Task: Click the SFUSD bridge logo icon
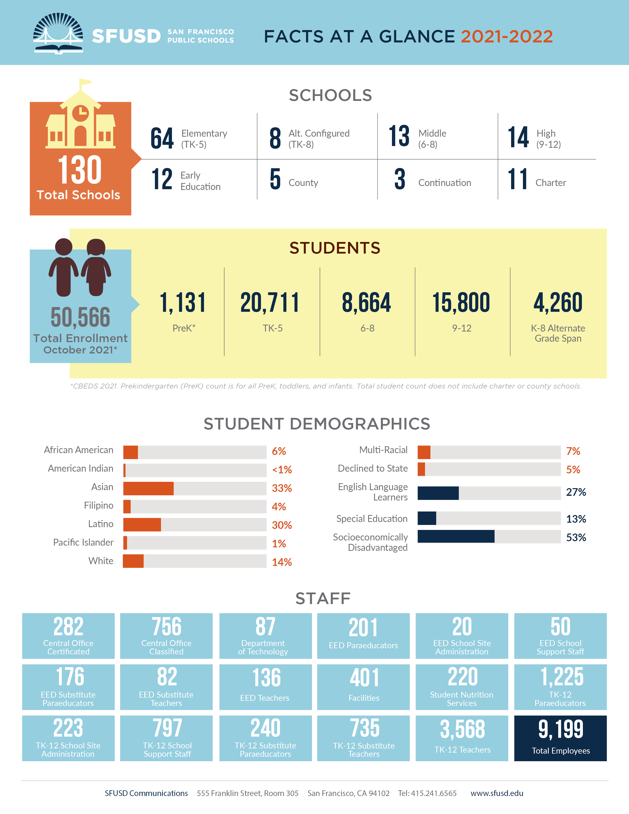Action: (58, 34)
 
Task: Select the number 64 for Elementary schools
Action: (162, 138)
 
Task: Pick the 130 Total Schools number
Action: (80, 170)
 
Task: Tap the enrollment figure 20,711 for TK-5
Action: (270, 303)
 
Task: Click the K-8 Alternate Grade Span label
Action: (558, 333)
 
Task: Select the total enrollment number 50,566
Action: (80, 317)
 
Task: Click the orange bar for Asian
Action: (148, 488)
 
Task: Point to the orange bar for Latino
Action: (142, 525)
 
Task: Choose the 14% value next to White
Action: (282, 562)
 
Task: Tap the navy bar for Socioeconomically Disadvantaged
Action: (456, 536)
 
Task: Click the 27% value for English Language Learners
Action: (576, 492)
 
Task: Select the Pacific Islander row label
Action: (83, 542)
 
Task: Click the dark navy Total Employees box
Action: (560, 738)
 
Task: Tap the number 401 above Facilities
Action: (364, 678)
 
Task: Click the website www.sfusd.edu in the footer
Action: (497, 793)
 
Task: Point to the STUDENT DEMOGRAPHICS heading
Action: (317, 424)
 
